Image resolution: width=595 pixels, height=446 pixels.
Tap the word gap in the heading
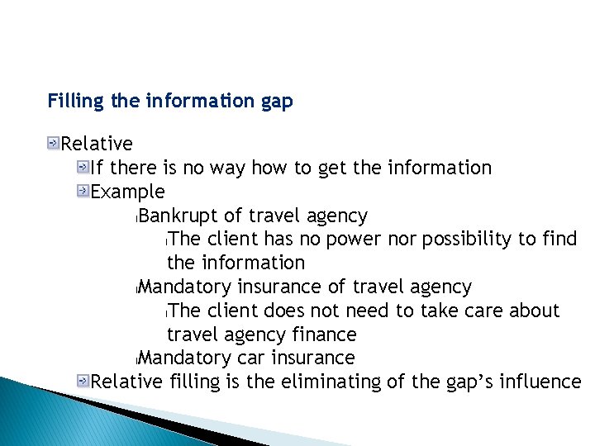click(278, 102)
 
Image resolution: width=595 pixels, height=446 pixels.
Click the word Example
click(128, 192)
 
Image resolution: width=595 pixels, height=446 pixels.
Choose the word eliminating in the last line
click(331, 382)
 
